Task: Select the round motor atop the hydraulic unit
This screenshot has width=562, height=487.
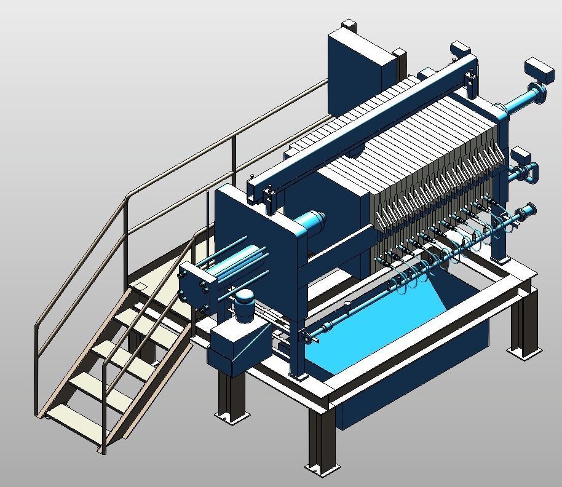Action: coord(246,303)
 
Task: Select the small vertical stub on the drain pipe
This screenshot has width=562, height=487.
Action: coord(348,306)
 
